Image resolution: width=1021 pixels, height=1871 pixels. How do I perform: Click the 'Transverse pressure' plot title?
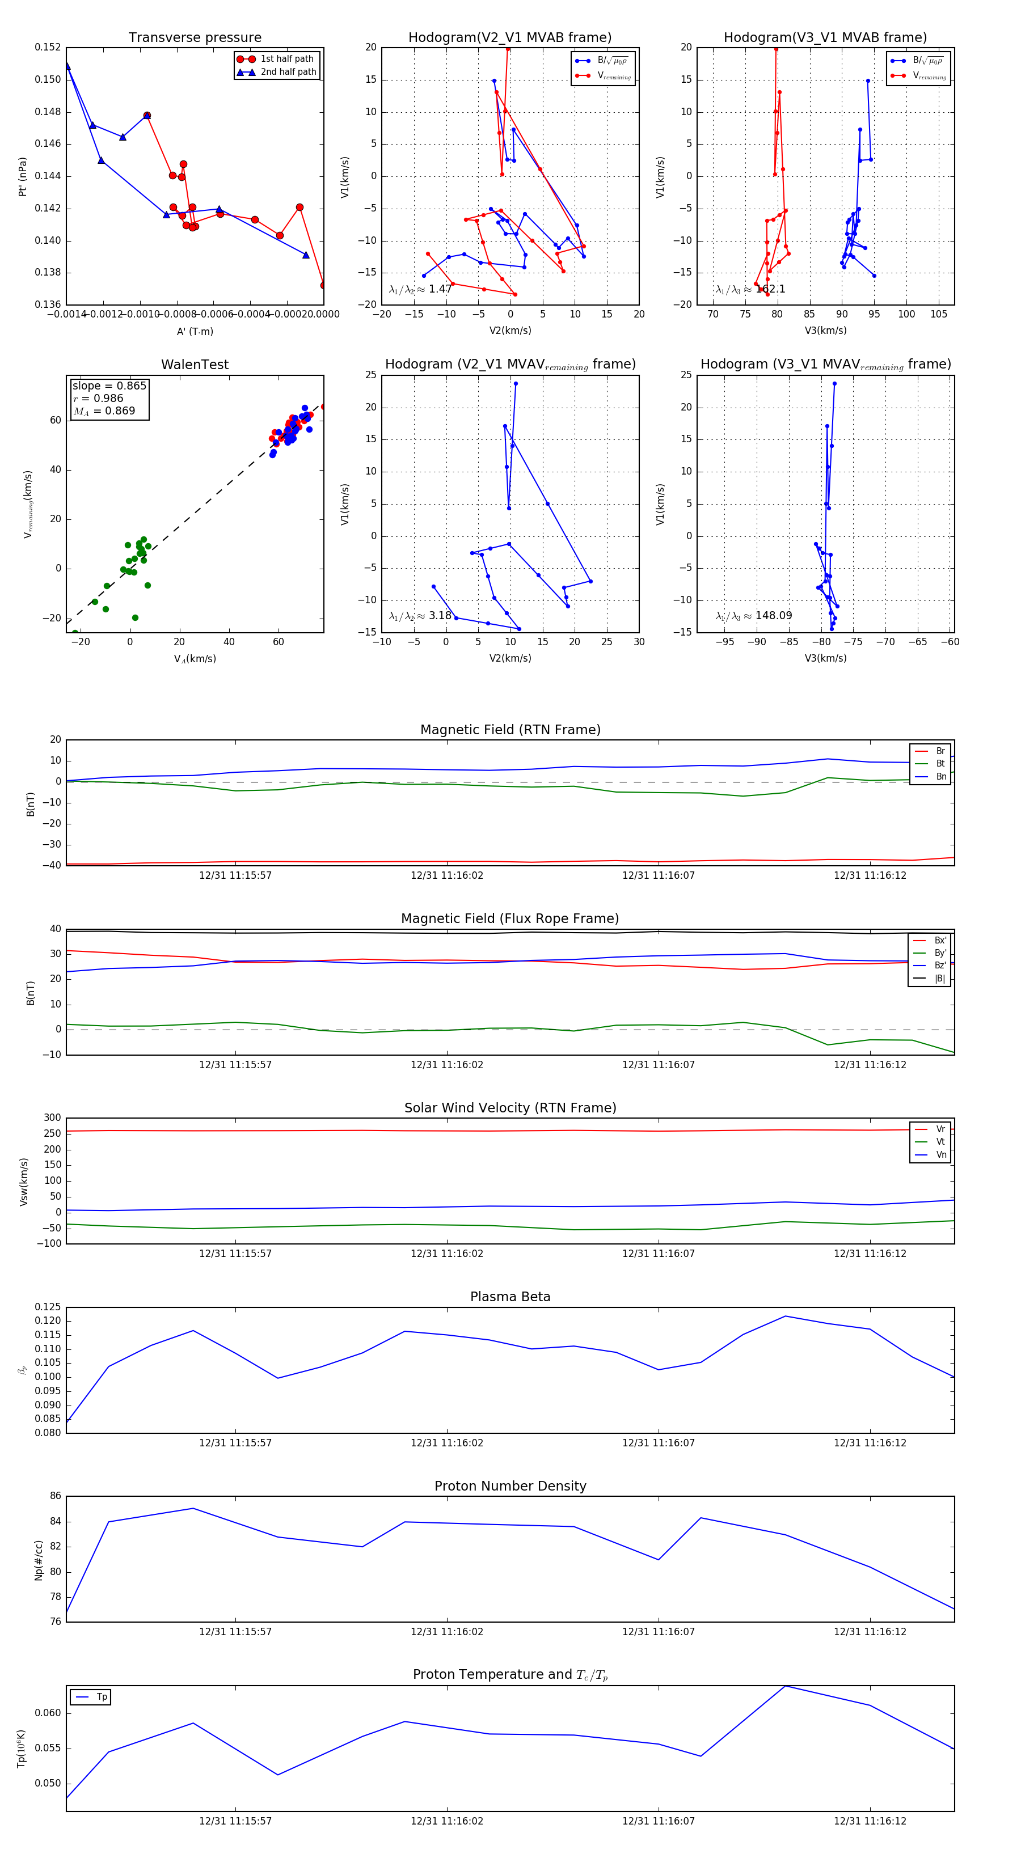tap(195, 38)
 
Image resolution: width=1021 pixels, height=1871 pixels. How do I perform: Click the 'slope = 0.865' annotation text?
tap(109, 386)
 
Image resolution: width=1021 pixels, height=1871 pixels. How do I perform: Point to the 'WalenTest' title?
tap(195, 365)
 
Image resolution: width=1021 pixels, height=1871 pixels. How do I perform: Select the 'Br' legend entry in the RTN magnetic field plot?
tap(940, 751)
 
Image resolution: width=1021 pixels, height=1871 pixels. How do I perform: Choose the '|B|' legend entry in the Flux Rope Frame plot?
tap(940, 979)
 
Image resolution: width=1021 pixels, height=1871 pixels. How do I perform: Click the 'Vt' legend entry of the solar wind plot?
tap(940, 1142)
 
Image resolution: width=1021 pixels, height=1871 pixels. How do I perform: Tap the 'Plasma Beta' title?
tap(510, 1297)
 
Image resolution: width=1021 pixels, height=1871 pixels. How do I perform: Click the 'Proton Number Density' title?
tap(510, 1486)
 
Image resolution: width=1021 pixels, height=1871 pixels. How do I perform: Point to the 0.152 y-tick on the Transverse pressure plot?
tap(48, 47)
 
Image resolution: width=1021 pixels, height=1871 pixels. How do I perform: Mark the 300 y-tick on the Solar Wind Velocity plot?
tap(52, 1118)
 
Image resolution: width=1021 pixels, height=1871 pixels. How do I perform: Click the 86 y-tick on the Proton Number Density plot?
tap(55, 1496)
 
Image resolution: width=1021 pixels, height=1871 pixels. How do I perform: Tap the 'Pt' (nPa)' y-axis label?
tap(23, 176)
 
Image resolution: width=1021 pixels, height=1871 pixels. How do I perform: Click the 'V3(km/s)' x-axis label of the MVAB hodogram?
tap(825, 331)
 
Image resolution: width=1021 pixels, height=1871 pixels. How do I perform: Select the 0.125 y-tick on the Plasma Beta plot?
tap(48, 1307)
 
